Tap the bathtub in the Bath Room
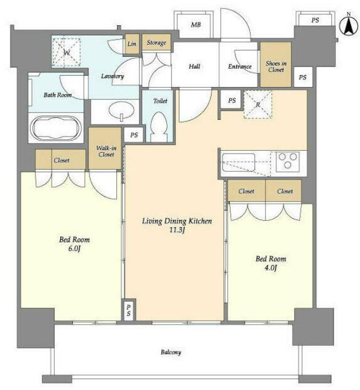pos(56,128)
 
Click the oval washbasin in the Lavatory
pos(122,110)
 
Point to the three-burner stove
pos(288,161)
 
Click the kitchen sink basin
pos(238,162)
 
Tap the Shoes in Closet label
pos(276,67)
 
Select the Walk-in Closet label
pos(106,151)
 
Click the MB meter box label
pos(196,25)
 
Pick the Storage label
pos(156,42)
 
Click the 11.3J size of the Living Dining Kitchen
pos(177,230)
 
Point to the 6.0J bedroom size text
pos(75,248)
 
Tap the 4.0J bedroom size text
pos(271,268)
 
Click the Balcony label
pos(171,352)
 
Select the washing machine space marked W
pos(66,52)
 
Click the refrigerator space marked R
pos(258,104)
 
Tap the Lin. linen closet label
pos(132,44)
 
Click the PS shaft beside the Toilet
pos(134,135)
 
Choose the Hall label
pos(194,67)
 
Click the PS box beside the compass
pos(315,20)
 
